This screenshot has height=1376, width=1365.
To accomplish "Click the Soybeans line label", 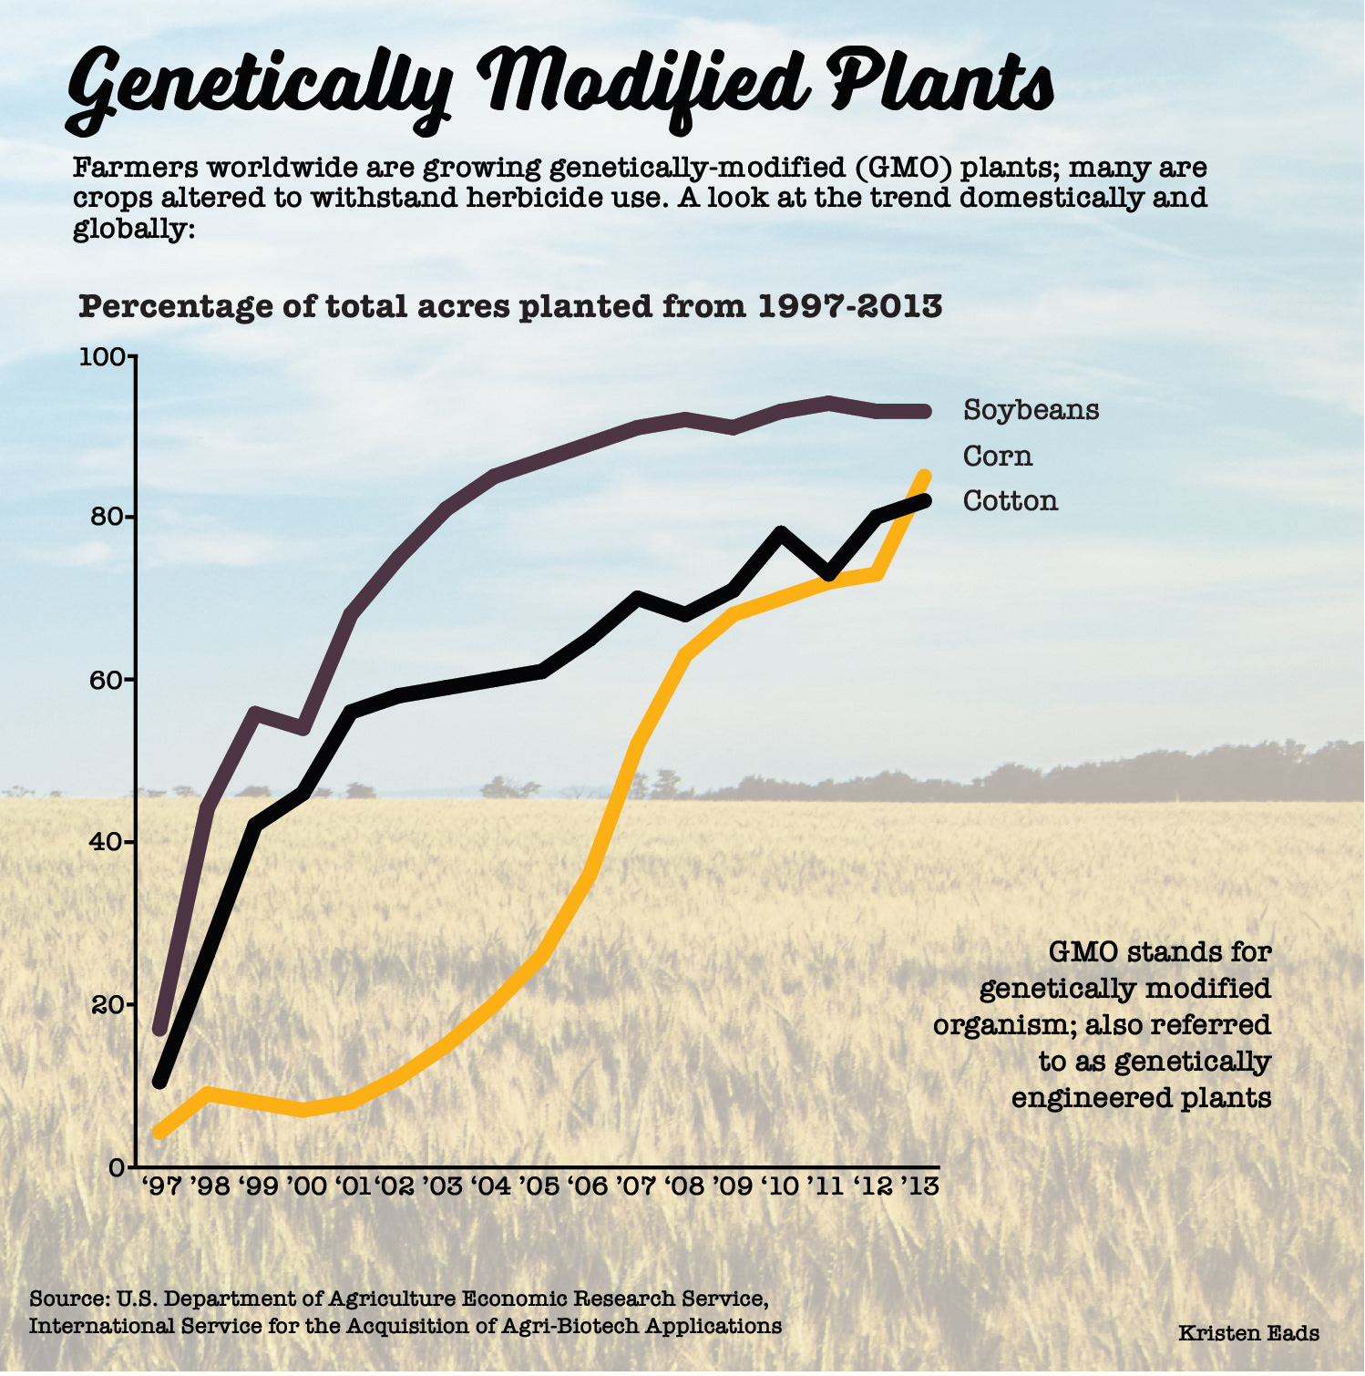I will [1031, 410].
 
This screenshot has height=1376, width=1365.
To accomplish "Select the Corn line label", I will [998, 456].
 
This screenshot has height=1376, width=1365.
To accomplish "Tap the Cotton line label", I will [1011, 500].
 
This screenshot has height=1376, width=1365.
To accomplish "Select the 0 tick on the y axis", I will [116, 1166].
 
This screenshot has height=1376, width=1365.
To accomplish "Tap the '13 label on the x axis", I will [920, 1186].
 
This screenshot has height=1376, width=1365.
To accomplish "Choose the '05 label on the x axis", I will [539, 1186].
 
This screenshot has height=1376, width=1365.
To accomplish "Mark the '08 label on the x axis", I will [683, 1186].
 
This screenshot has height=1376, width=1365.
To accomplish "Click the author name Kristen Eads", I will [1248, 1333].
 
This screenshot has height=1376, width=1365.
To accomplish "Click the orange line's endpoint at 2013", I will [924, 477].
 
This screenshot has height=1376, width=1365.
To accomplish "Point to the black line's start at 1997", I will [160, 1082].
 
